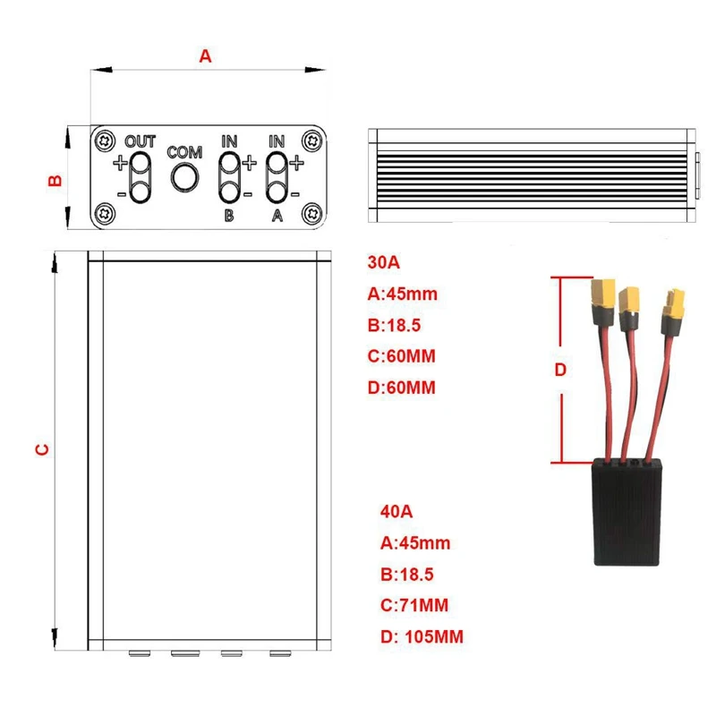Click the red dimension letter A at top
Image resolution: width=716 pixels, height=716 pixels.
[x=205, y=55]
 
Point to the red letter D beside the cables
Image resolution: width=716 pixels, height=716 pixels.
[x=561, y=371]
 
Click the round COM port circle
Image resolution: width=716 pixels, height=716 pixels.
[x=185, y=177]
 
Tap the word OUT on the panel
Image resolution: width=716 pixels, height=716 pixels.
[x=141, y=141]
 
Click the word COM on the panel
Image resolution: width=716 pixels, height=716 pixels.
[x=185, y=152]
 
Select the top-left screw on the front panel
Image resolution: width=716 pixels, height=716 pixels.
[x=107, y=141]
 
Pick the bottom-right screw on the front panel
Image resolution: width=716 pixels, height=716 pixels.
[x=312, y=214]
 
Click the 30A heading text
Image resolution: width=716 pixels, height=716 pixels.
[x=384, y=263]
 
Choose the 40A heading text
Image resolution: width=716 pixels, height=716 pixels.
[x=396, y=513]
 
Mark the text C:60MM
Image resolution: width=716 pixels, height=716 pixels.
[x=402, y=356]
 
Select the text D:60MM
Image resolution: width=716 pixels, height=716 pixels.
[x=402, y=388]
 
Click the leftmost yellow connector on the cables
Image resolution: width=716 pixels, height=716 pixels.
[x=601, y=294]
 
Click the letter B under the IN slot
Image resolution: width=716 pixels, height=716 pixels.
[x=229, y=216]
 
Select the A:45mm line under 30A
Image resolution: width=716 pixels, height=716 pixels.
[x=403, y=294]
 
